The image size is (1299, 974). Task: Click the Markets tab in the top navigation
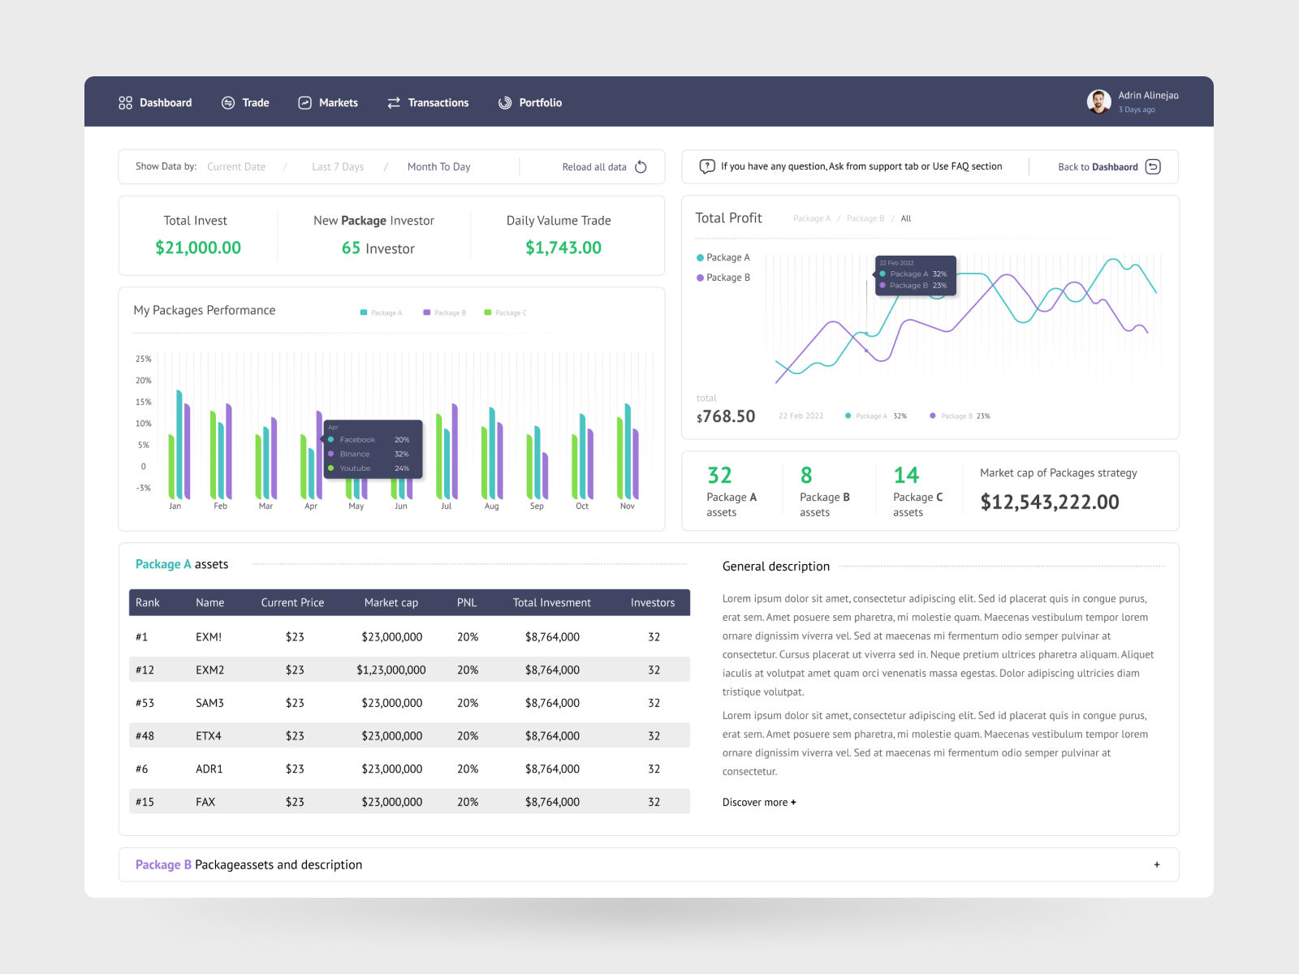[328, 103]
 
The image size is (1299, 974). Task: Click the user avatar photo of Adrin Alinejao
[1098, 101]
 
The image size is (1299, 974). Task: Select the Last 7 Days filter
[338, 167]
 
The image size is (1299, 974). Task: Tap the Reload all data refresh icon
[641, 167]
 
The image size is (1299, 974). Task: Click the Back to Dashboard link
[1108, 167]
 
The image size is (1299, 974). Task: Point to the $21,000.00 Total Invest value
[198, 248]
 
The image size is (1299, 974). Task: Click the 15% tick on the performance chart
[143, 402]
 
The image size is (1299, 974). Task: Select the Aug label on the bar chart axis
[491, 506]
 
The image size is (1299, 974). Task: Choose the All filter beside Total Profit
[906, 218]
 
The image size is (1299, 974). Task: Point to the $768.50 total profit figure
[726, 416]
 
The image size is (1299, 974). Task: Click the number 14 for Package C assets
[906, 476]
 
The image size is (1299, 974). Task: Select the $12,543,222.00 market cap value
[1049, 502]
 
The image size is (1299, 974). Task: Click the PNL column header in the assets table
[467, 603]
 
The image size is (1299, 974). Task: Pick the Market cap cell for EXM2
[391, 670]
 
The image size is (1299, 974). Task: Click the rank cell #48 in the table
[145, 736]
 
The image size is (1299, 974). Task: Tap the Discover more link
[759, 803]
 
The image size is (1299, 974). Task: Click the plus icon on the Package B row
[1157, 865]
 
